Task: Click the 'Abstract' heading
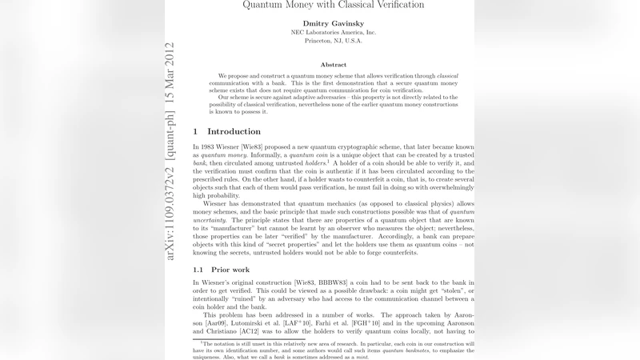333,64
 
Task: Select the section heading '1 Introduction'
229,131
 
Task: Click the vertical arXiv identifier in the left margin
170,151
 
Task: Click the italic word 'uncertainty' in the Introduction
210,220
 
